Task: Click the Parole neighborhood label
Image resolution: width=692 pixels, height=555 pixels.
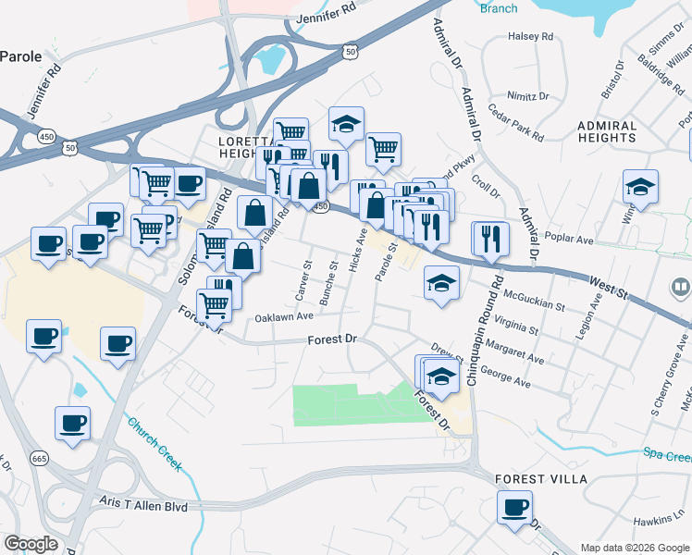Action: coord(20,56)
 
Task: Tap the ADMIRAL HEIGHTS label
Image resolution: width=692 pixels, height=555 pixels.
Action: coord(607,131)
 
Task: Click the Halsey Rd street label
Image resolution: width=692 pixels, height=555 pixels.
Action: coord(530,37)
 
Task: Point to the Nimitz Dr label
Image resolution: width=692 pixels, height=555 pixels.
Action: coord(528,95)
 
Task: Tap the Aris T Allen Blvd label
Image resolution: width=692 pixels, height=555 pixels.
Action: coord(143,506)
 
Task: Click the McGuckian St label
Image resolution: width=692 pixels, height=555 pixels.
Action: coord(536,304)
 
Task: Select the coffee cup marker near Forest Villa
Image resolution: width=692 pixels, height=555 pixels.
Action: coord(514,507)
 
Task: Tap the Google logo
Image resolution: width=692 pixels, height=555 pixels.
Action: coord(31,544)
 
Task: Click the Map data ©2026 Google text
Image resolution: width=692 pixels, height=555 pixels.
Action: coord(634,548)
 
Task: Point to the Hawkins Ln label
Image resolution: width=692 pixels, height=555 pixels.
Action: coord(658,521)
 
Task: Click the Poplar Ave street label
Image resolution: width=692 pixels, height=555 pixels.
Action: coord(572,238)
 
